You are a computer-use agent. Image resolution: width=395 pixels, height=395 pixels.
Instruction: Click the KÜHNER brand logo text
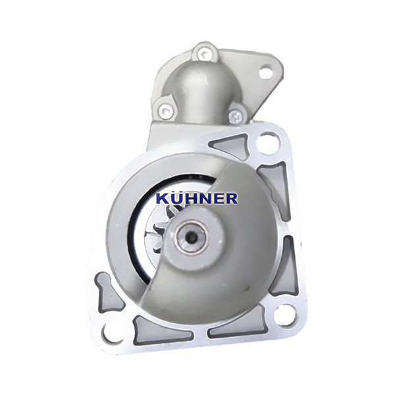click(x=197, y=198)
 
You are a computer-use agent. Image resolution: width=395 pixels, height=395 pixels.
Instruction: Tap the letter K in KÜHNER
click(x=162, y=199)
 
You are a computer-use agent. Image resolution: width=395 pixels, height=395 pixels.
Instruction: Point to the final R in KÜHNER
click(x=232, y=198)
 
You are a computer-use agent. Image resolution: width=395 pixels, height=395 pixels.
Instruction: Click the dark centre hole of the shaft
click(x=192, y=237)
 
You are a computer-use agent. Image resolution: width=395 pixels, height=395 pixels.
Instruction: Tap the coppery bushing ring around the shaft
click(x=192, y=237)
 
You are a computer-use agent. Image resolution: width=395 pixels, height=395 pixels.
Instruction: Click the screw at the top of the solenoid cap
click(x=203, y=53)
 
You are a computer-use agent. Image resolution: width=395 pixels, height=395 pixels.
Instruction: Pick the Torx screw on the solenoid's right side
click(x=236, y=116)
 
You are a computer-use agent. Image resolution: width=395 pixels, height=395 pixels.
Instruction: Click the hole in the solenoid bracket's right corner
click(x=265, y=72)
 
